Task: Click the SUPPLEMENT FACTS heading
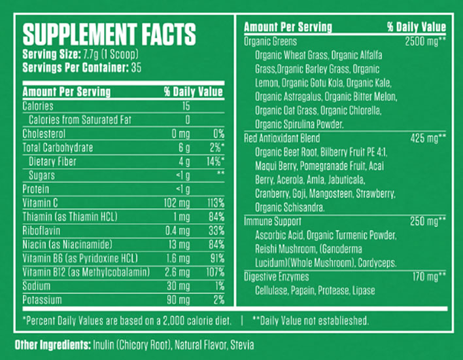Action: point(109,33)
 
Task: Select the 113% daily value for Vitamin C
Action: point(215,202)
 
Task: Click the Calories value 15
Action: point(186,106)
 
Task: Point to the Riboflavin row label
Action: point(41,230)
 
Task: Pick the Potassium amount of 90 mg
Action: point(177,299)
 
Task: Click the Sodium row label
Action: point(37,285)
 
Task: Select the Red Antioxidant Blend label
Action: point(282,138)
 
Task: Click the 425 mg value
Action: point(428,138)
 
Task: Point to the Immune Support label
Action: point(271,222)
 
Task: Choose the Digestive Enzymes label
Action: point(276,277)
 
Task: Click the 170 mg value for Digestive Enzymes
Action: point(428,277)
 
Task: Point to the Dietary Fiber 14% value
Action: point(214,161)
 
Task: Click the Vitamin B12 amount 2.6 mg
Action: point(177,272)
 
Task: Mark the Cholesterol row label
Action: point(44,134)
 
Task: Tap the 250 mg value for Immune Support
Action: point(428,222)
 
